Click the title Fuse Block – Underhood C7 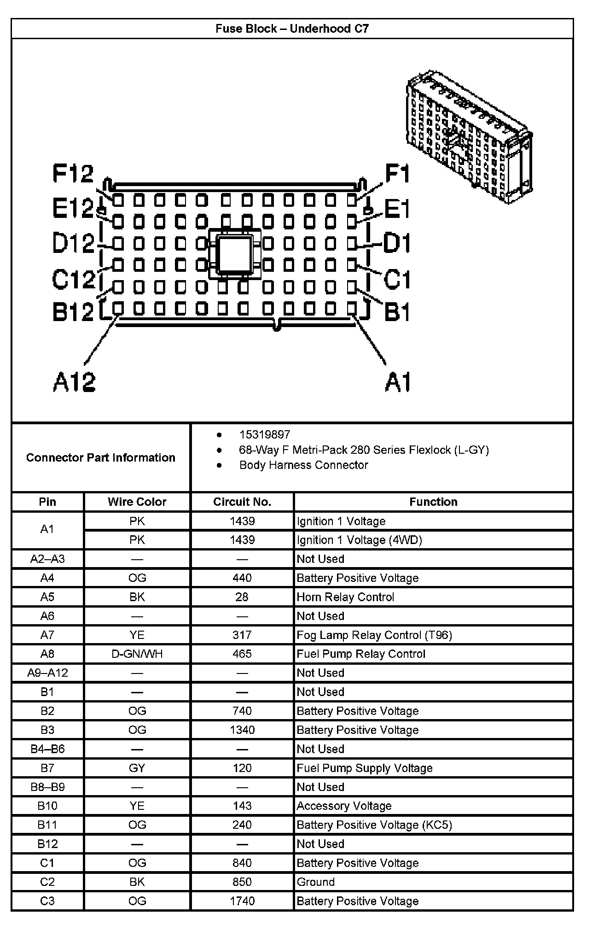[292, 29]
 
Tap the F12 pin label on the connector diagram [73, 174]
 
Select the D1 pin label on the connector [396, 243]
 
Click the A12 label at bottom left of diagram [74, 382]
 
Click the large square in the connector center [235, 254]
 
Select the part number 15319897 [264, 434]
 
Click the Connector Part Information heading [100, 457]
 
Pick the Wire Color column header [137, 502]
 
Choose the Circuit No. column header [242, 502]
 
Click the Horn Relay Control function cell [345, 597]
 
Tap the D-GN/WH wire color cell [137, 654]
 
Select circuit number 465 [242, 654]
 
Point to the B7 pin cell [47, 768]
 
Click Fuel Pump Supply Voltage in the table [365, 768]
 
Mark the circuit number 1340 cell [242, 730]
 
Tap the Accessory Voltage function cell [344, 806]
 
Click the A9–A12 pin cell [47, 673]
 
